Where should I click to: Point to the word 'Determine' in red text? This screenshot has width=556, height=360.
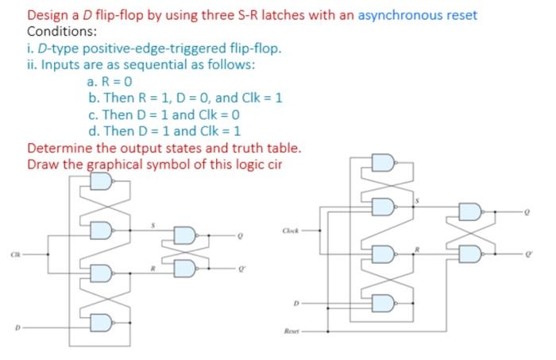(x=59, y=149)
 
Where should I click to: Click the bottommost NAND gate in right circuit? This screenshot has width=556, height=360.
(x=382, y=302)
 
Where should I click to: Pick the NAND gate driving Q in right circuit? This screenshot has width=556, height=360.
(x=469, y=212)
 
